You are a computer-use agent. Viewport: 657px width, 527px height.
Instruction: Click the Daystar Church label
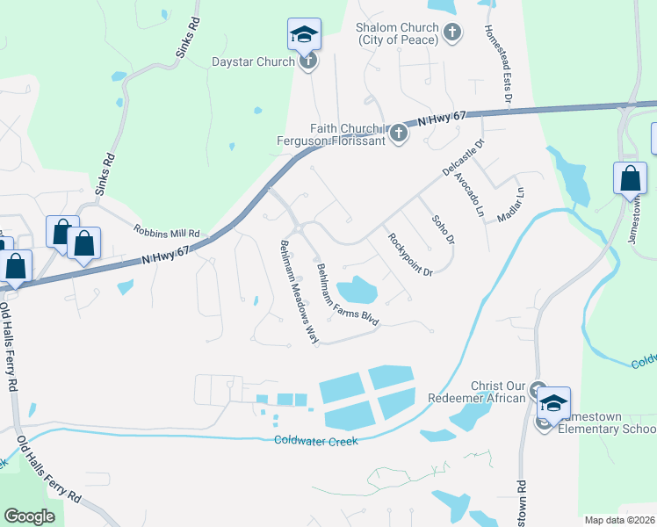(x=252, y=61)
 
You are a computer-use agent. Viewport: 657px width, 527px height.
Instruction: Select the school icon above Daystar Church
(x=304, y=35)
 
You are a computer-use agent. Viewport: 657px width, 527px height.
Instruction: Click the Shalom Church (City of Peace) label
(x=396, y=33)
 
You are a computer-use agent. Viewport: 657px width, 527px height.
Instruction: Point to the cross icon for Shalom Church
(x=451, y=33)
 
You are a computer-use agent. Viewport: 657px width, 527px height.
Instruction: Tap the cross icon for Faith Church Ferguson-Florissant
(x=398, y=133)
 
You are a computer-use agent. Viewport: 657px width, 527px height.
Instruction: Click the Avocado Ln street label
(x=469, y=193)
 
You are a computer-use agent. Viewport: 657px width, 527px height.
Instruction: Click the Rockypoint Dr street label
(x=410, y=253)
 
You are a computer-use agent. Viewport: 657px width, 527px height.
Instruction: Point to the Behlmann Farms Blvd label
(x=347, y=295)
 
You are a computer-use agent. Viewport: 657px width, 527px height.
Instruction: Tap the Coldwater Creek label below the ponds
(x=316, y=441)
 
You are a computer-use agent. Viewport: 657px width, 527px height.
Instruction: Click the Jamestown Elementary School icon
(x=553, y=404)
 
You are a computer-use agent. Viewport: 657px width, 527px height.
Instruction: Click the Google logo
(x=29, y=516)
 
